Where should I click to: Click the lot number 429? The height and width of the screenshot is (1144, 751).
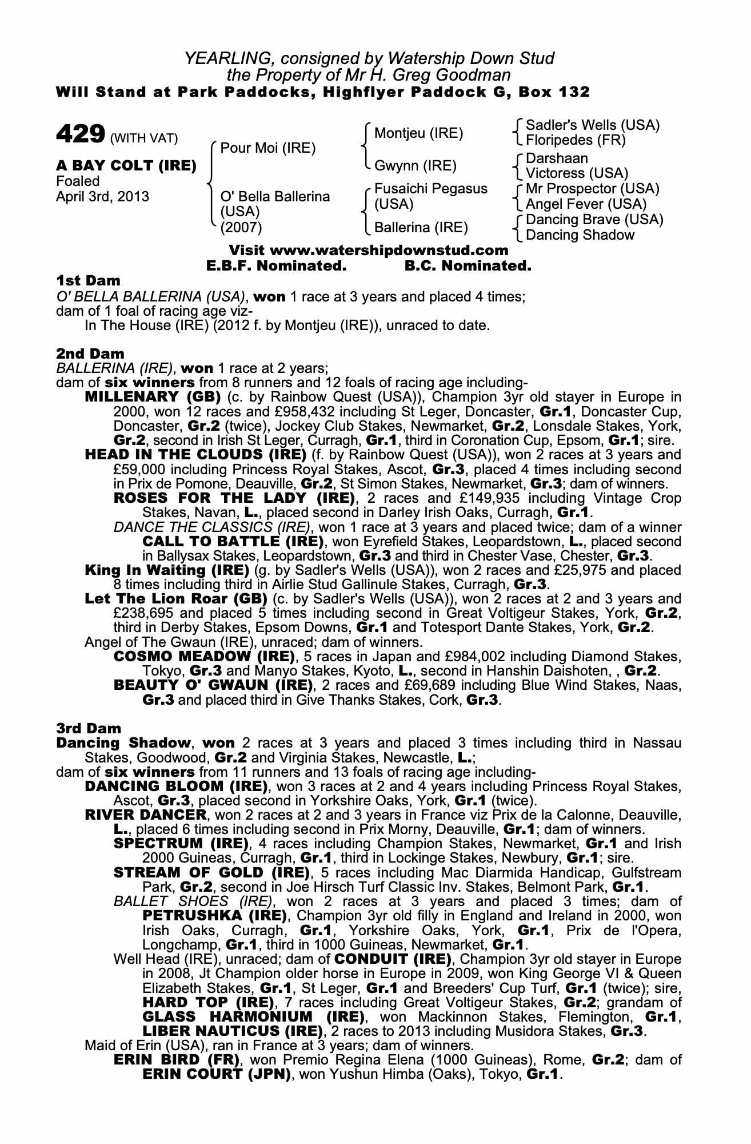click(x=79, y=134)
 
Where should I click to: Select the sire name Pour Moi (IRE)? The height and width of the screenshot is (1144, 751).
click(x=268, y=149)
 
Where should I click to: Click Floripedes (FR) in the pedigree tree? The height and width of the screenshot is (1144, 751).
click(x=576, y=140)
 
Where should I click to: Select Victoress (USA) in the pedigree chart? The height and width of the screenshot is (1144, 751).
click(x=577, y=173)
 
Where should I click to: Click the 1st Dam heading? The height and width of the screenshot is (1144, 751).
click(x=89, y=281)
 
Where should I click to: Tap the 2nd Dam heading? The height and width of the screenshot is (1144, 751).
click(x=90, y=354)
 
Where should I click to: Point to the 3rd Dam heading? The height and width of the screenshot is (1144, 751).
click(x=89, y=728)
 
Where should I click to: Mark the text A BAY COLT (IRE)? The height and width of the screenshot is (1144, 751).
click(x=126, y=166)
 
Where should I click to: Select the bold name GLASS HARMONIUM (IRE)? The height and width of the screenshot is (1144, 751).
click(x=253, y=1017)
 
